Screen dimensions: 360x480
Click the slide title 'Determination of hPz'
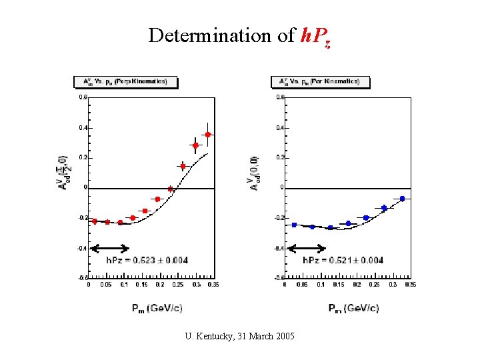click(x=239, y=36)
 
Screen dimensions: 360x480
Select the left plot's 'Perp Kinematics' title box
click(x=125, y=82)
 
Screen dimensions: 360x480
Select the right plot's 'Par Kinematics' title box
click(x=319, y=82)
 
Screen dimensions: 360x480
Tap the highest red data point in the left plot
click(x=208, y=135)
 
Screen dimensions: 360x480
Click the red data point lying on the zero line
click(x=170, y=189)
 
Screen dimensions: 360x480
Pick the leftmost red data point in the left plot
click(x=95, y=221)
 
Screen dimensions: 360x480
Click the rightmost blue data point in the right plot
click(x=402, y=199)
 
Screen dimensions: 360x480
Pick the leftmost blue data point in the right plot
click(x=294, y=225)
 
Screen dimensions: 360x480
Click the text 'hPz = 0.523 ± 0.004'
click(x=147, y=260)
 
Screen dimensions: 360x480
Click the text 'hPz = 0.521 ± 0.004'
click(x=343, y=260)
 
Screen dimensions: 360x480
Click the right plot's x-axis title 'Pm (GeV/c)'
click(x=353, y=308)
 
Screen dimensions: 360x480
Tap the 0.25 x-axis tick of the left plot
click(x=177, y=285)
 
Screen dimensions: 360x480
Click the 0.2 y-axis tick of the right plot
click(x=281, y=157)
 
